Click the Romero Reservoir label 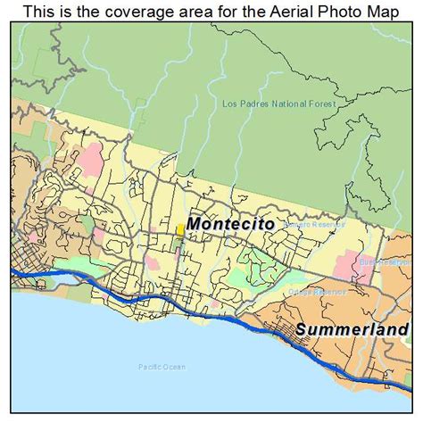tap(310, 225)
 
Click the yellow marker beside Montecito tap(180, 229)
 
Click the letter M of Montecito tap(195, 224)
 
